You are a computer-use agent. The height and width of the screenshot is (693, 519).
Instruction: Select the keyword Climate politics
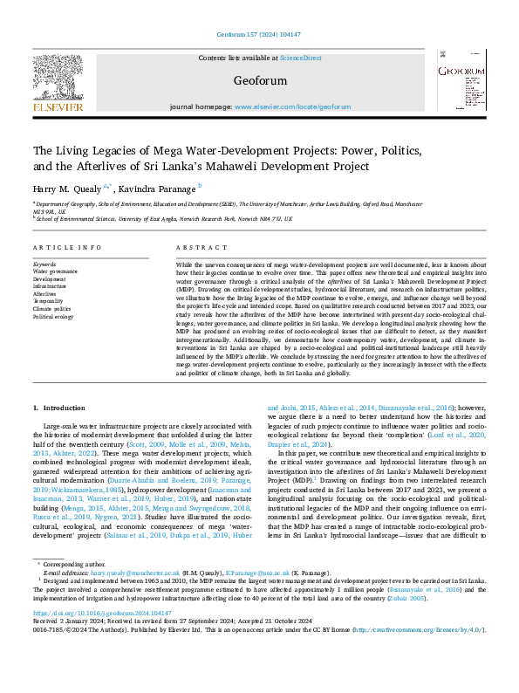click(52, 308)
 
